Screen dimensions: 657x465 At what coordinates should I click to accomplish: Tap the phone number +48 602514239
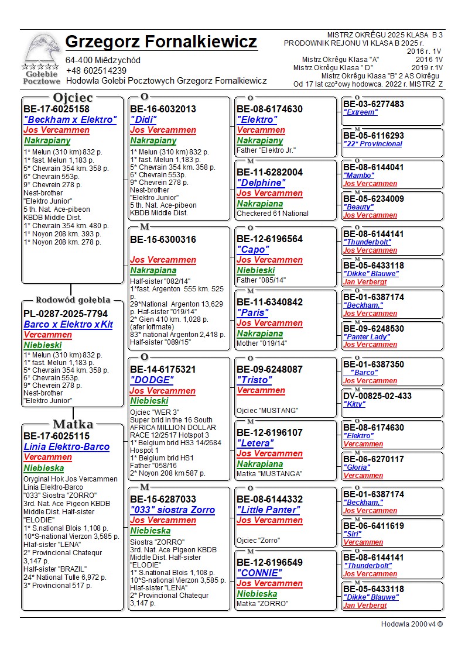pos(96,71)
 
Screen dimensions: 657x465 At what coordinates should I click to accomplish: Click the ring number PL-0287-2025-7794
pos(66,314)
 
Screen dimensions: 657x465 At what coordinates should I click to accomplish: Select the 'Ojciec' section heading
pos(73,97)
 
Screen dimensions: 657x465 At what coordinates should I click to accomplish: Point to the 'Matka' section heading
pos(73,424)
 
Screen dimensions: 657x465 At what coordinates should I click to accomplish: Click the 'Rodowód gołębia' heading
pos(73,300)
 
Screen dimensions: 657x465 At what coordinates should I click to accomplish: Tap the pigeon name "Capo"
pos(252,249)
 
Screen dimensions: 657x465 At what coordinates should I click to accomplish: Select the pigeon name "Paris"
pos(253,312)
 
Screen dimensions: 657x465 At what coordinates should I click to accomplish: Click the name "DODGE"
pos(154,380)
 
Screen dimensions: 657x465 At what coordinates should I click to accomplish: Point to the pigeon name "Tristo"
pos(255,380)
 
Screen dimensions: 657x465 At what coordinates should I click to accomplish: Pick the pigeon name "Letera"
pos(255,443)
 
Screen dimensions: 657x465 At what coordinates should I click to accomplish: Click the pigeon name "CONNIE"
pos(259,573)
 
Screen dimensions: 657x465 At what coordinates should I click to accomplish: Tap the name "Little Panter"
pos(268,510)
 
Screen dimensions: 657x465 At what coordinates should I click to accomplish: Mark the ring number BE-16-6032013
pos(163,109)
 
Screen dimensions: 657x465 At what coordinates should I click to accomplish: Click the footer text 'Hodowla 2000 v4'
pos(412,624)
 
